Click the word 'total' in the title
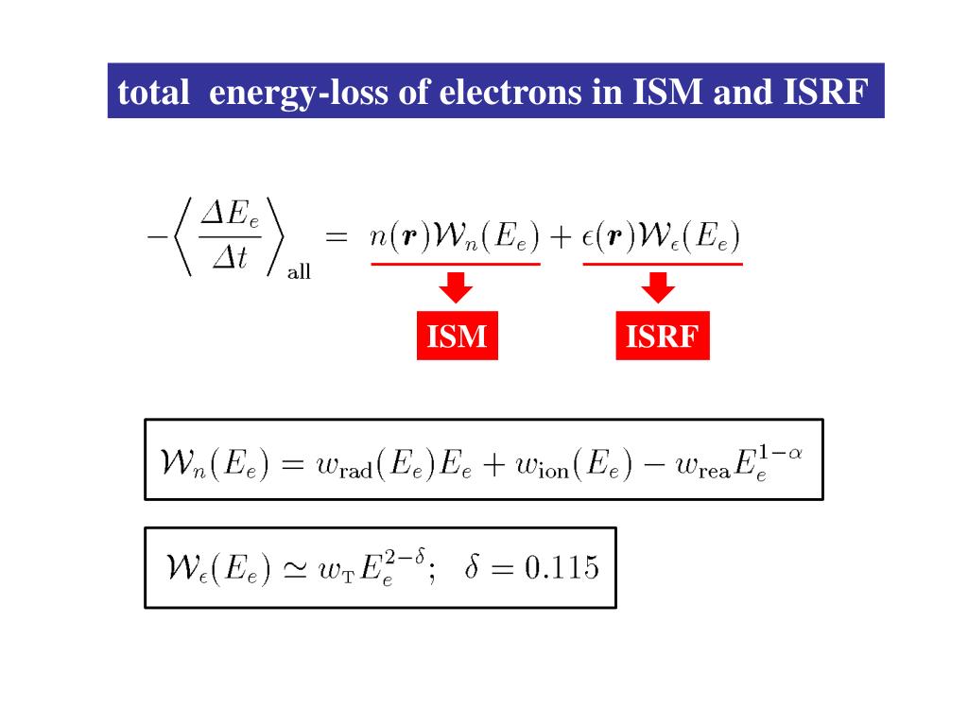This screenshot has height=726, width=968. pyautogui.click(x=152, y=92)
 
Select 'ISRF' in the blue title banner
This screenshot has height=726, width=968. pyautogui.click(x=824, y=92)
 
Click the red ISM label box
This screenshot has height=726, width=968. pyautogui.click(x=457, y=336)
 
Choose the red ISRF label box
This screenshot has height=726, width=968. pyautogui.click(x=662, y=336)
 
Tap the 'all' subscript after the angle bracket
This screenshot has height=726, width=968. pyautogui.click(x=299, y=273)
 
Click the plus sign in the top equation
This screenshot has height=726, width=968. pyautogui.click(x=562, y=237)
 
